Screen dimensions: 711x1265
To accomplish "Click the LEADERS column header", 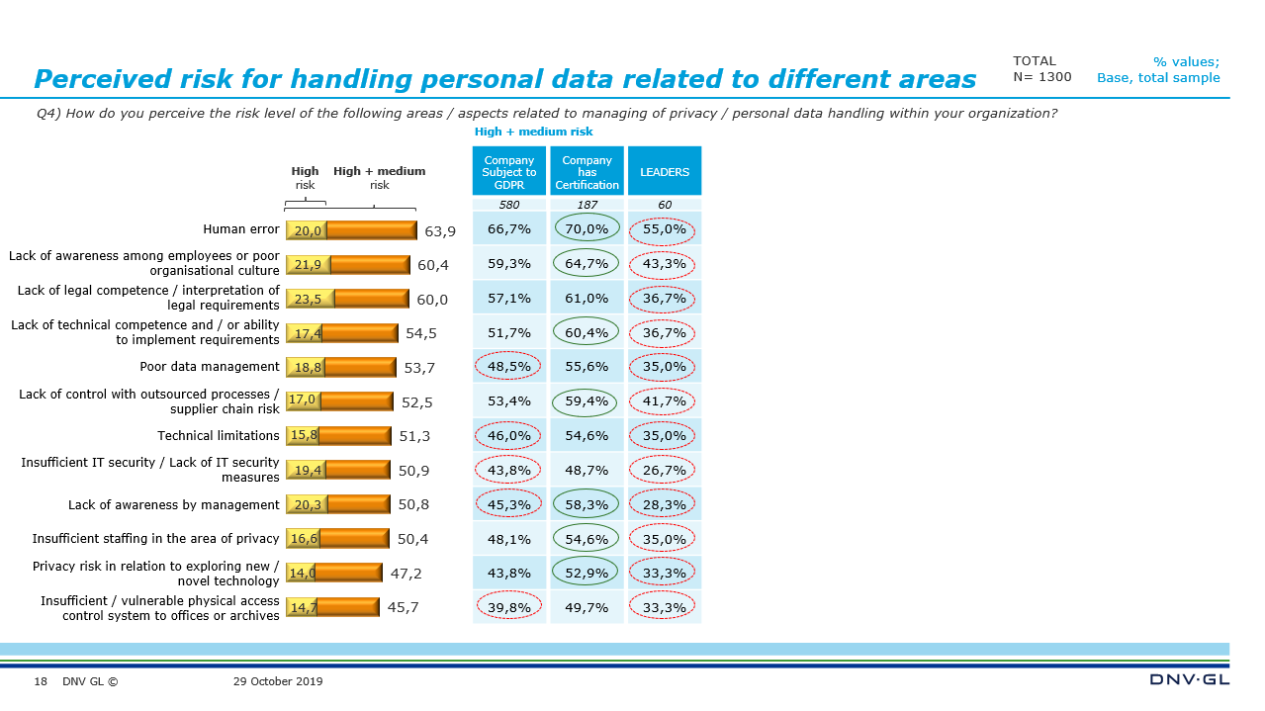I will coord(665,172).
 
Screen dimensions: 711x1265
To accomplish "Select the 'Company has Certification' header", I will coord(587,172).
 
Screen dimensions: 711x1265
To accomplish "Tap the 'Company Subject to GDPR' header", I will coord(509,172).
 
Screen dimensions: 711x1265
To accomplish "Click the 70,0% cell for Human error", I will coord(587,229).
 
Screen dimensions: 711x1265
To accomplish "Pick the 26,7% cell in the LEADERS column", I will coord(665,470).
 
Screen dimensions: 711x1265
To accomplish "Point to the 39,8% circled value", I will coord(509,607).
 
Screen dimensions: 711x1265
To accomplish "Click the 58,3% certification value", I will coord(587,504).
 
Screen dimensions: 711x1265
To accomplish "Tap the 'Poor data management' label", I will coord(210,367).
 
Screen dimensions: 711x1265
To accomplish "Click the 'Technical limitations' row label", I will coord(219,436).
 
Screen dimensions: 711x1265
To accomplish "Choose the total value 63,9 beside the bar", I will coord(440,231).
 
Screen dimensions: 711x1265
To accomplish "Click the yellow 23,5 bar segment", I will coord(310,300).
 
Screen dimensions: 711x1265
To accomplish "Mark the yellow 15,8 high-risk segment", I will coord(303,436).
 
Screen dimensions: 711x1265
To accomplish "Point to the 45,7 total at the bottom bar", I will coord(403,607).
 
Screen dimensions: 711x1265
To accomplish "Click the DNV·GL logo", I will coord(1190,679).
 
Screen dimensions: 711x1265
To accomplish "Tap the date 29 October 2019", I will coord(278,681).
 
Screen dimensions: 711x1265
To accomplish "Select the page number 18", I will coord(41,681).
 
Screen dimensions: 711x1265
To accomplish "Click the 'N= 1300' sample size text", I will coord(1041,77).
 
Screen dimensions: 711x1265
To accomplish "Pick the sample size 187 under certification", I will coord(587,206).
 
